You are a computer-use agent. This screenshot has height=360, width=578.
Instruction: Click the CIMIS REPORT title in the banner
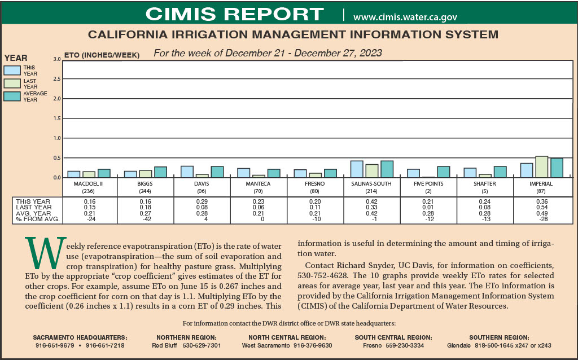point(234,14)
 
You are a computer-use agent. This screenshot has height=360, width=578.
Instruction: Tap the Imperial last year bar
point(541,166)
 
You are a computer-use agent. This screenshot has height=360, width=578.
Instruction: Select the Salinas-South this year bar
point(356,169)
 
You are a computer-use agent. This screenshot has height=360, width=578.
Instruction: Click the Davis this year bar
point(187,172)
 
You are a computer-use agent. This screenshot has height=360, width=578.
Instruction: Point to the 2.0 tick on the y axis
point(56,99)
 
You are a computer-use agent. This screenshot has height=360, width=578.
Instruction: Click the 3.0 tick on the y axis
point(56,59)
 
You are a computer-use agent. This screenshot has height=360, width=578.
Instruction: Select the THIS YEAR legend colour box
point(12,70)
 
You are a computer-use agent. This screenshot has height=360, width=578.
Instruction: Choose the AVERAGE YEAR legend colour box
point(12,96)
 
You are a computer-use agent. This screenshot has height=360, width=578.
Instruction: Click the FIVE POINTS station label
point(428,184)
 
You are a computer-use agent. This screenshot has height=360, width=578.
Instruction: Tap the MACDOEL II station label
point(89,184)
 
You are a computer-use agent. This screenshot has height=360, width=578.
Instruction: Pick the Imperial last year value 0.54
point(541,208)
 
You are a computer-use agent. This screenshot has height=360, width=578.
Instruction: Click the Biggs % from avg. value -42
point(146,219)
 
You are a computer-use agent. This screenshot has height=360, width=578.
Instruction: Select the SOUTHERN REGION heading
point(498,337)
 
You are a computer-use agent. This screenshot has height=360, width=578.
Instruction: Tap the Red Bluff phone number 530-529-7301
point(202,345)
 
